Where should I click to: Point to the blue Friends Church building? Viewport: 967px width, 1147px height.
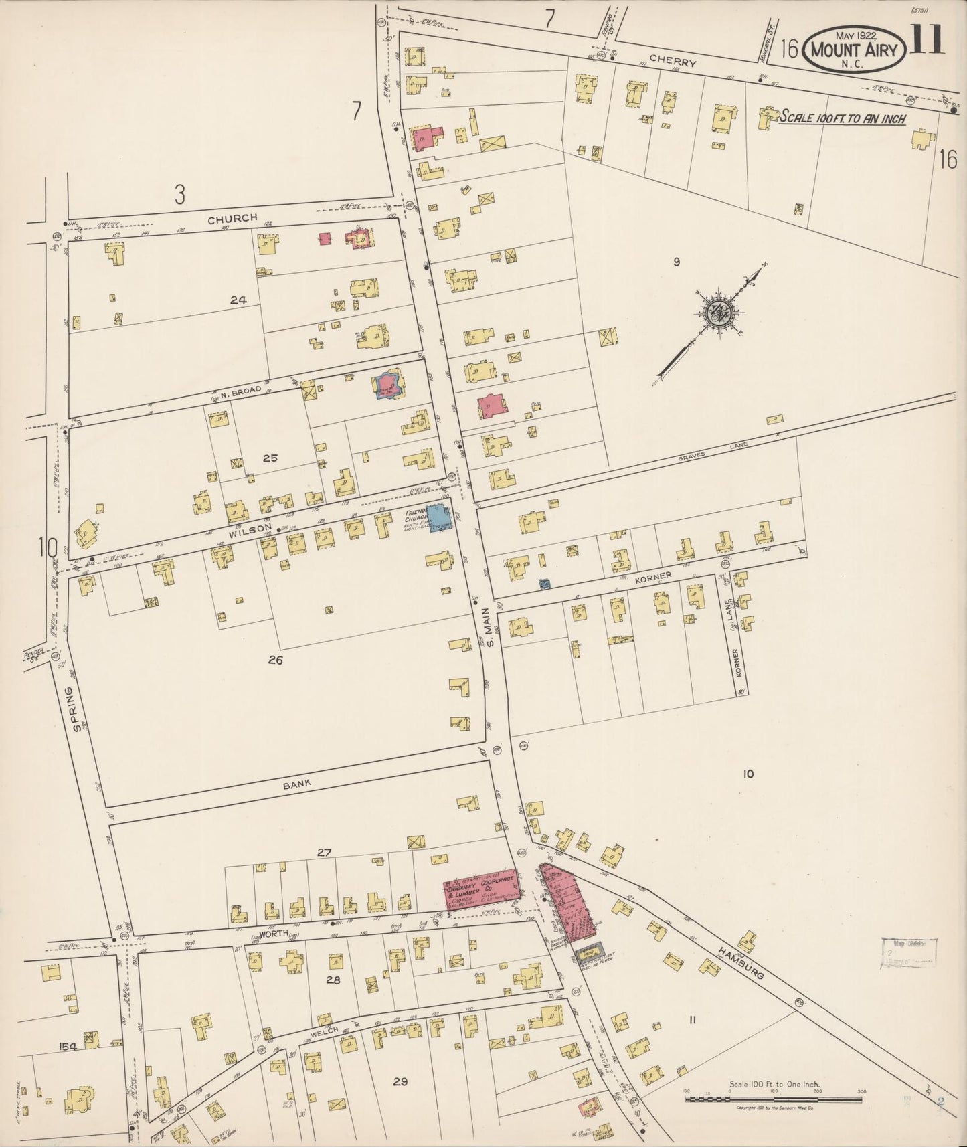point(440,518)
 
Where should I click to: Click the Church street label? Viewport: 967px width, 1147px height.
point(232,218)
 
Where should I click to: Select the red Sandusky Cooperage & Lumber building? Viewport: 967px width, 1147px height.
point(480,889)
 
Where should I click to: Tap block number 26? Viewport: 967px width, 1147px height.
point(275,660)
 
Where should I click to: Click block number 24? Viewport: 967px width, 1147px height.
point(238,300)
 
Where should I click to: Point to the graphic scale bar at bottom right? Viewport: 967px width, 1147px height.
point(774,1099)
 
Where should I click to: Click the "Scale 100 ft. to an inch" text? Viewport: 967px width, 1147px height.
point(843,118)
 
